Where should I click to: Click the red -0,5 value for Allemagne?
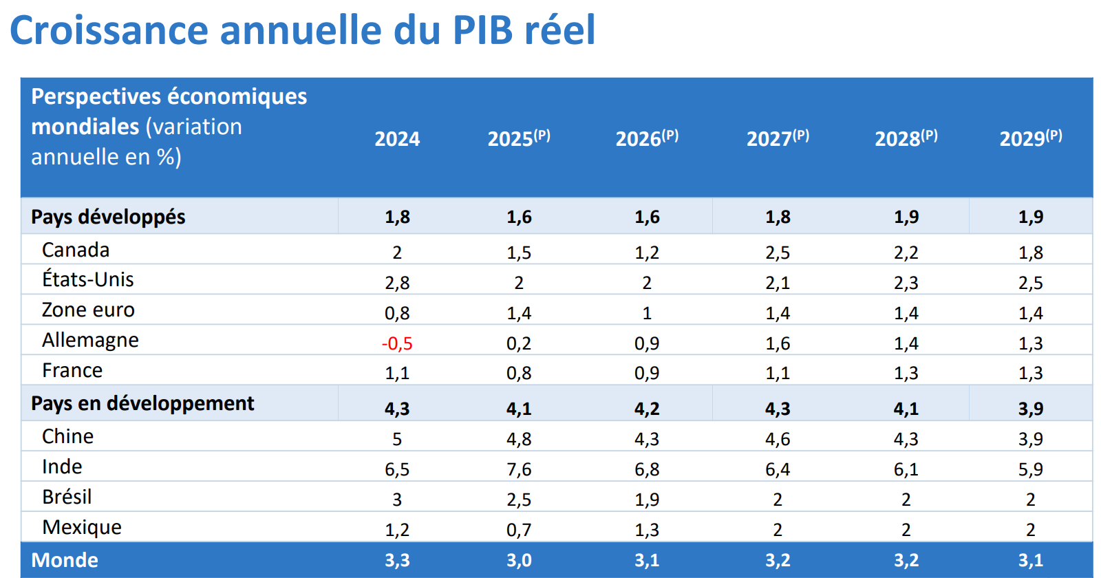tap(397, 343)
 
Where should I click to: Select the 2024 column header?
tap(397, 139)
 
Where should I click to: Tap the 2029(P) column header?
tap(1030, 138)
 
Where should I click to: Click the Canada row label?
tap(76, 250)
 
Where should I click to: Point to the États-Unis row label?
tap(88, 279)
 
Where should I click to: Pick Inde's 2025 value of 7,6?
tap(519, 469)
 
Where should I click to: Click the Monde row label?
tap(65, 560)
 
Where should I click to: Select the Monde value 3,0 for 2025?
tap(519, 560)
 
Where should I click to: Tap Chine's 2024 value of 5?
tap(397, 439)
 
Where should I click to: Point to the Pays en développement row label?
tap(142, 403)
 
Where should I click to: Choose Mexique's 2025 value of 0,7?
tap(519, 530)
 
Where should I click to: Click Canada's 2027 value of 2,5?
tap(778, 253)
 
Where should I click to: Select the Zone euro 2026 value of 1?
tap(647, 313)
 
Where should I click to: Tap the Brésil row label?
tap(67, 497)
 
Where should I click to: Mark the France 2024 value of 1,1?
tap(397, 373)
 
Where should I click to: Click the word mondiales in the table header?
tap(85, 127)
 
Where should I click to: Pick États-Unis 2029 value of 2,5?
tap(1030, 283)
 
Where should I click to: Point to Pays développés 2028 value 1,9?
tap(906, 217)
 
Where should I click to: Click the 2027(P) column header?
tap(778, 138)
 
